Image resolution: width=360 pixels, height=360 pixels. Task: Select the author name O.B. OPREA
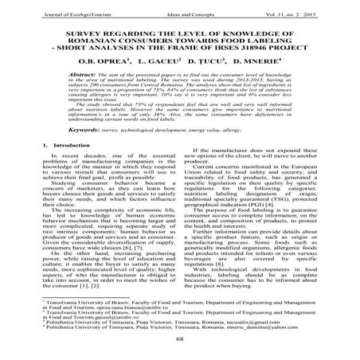click(102, 59)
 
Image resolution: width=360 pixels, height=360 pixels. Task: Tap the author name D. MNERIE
click(264, 59)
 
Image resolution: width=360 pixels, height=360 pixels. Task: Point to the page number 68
click(180, 338)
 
